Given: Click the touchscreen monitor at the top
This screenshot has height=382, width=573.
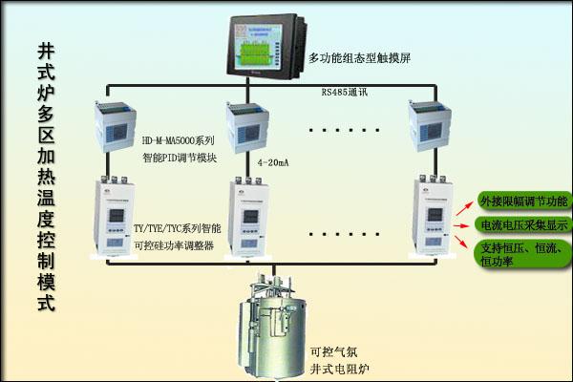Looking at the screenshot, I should click(x=257, y=45).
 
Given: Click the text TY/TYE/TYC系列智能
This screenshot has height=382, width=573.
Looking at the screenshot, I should click(x=177, y=229).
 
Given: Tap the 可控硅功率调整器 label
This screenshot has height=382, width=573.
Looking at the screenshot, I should click(x=173, y=245).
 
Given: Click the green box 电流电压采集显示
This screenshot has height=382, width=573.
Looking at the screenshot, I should click(x=522, y=225).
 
